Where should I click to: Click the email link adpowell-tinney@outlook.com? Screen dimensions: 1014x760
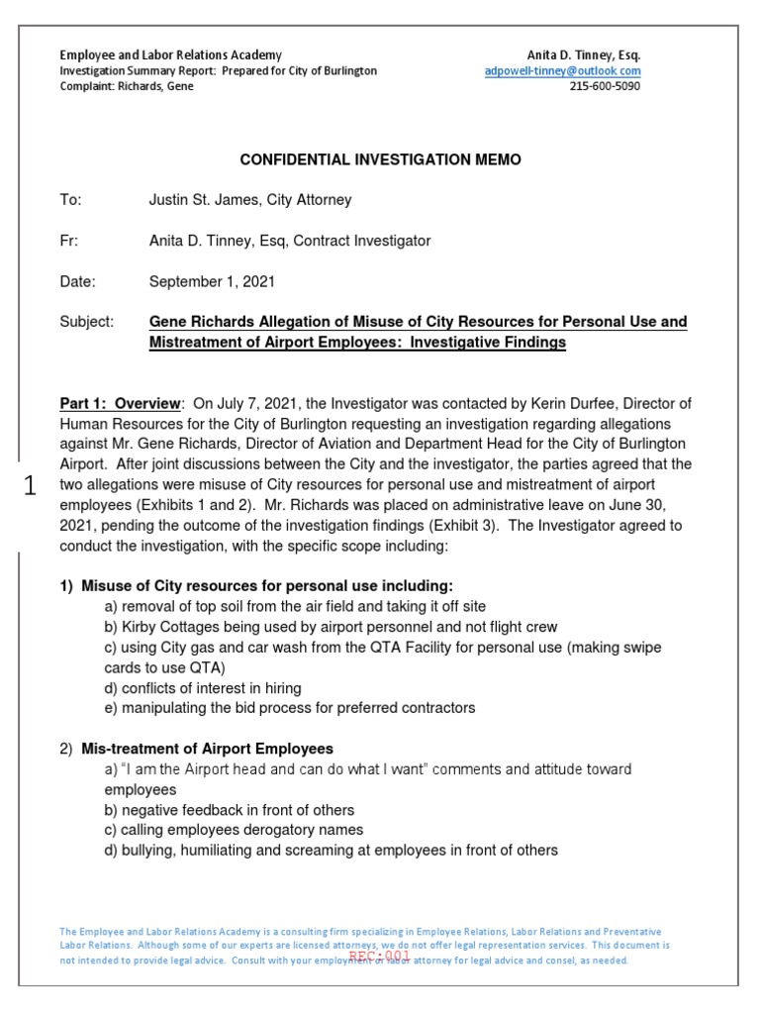pos(562,71)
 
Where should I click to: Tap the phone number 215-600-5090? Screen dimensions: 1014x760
pos(605,87)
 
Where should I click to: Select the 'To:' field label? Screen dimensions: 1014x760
pos(70,200)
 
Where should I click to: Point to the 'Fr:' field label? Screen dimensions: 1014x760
pos(68,241)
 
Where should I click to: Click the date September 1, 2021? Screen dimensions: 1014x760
pos(212,281)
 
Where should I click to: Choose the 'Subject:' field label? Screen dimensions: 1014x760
pos(87,323)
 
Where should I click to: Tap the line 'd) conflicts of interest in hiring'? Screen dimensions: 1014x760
pos(203,687)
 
